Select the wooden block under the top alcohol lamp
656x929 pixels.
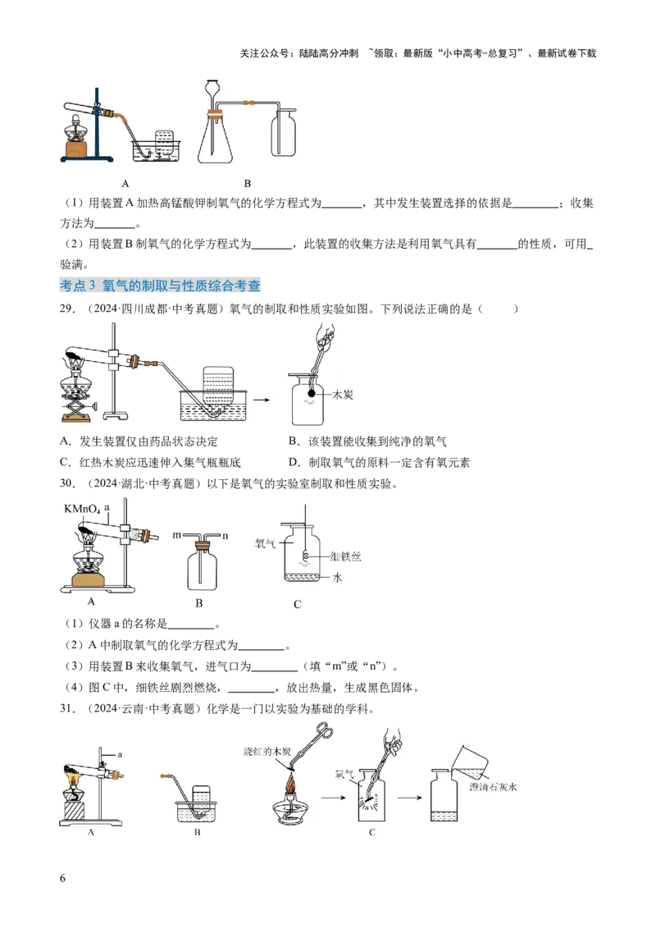coord(79,150)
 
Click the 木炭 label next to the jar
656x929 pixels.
coord(342,395)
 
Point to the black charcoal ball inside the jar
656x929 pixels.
coord(312,394)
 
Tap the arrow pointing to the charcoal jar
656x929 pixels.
coord(263,400)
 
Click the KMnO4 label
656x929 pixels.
coord(81,509)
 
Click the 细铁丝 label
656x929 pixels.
coord(344,556)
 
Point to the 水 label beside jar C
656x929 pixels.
coord(336,578)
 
